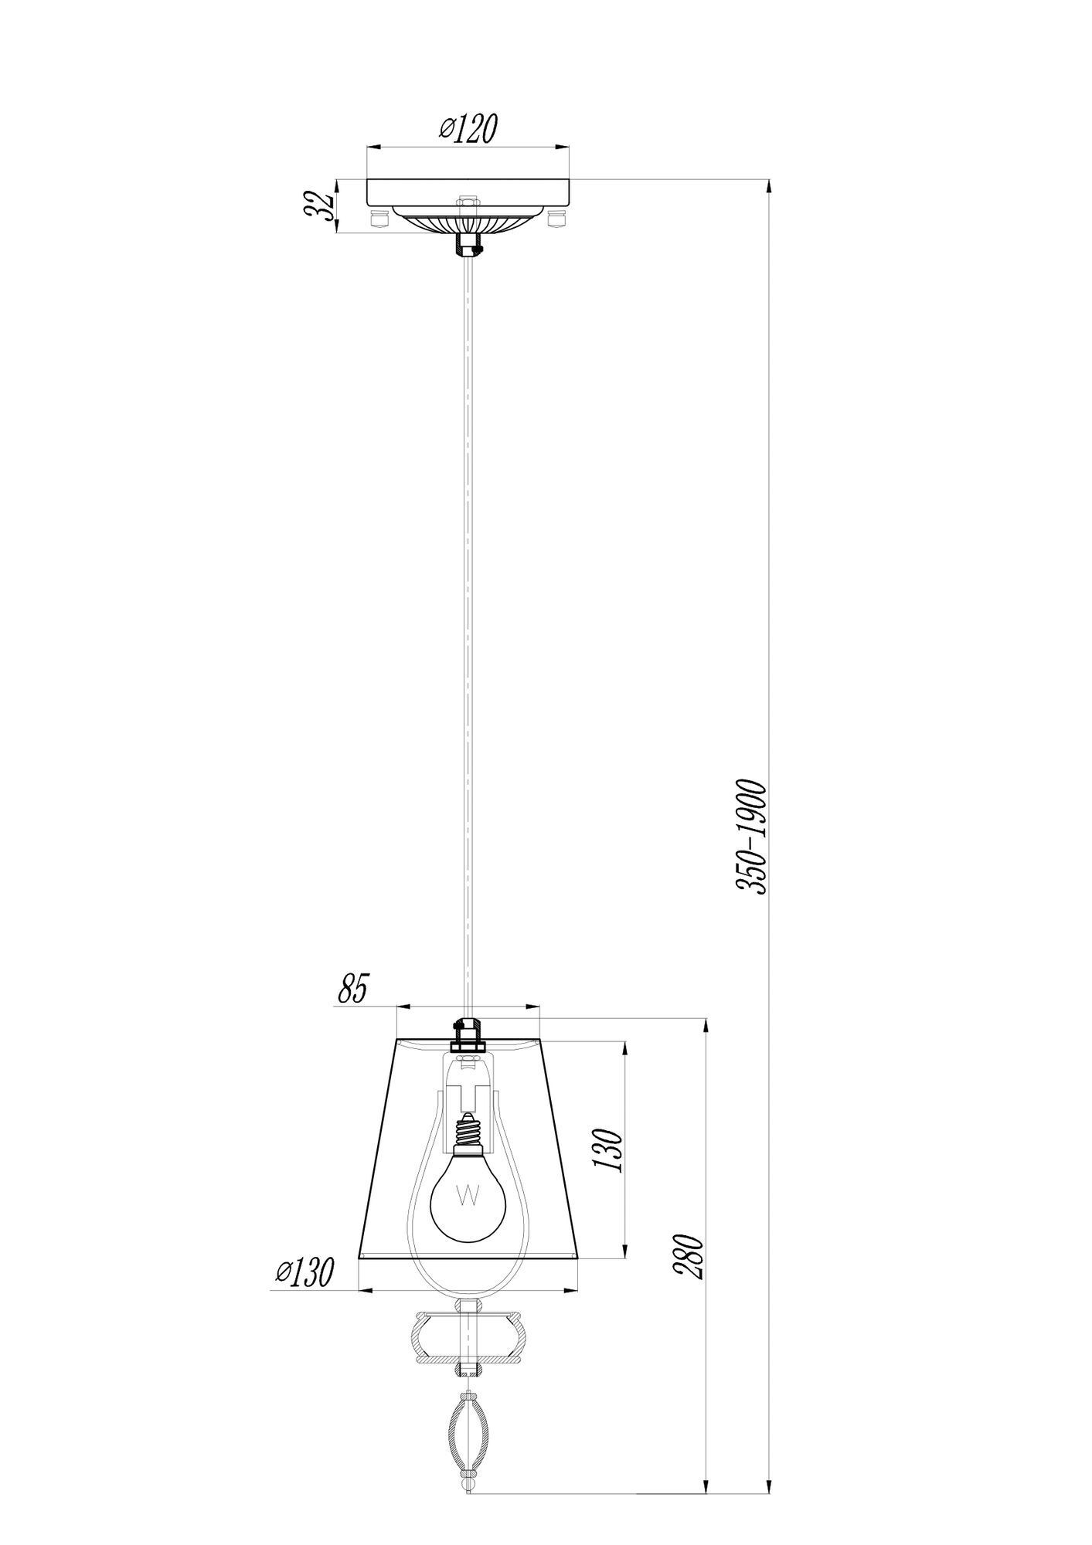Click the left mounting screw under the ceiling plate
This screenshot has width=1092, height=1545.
click(x=378, y=219)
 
